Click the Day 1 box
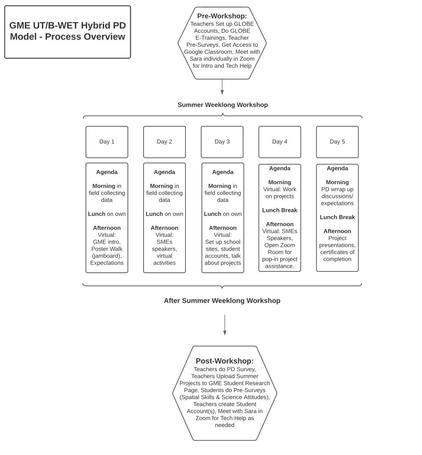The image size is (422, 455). [x=107, y=142]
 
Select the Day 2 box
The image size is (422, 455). [x=165, y=142]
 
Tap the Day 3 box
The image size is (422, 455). [x=222, y=142]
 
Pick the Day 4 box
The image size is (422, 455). [x=280, y=142]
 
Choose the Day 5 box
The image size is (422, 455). [x=337, y=142]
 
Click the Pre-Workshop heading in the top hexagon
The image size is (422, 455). [x=222, y=16]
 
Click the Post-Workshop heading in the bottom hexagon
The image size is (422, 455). [x=225, y=361]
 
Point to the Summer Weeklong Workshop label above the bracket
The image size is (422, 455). [x=223, y=105]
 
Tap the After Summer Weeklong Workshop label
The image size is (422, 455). [x=222, y=301]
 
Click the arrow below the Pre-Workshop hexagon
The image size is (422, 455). [x=222, y=87]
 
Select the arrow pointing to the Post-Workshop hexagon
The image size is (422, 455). [x=225, y=325]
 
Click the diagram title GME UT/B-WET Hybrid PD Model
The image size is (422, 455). [x=67, y=31]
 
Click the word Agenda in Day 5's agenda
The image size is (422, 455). [x=337, y=168]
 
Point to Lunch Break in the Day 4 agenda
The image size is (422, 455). [x=280, y=210]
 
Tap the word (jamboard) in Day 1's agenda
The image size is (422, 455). [x=107, y=256]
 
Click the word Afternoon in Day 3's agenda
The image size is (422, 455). [x=223, y=228]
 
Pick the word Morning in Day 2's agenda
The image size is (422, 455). [x=161, y=186]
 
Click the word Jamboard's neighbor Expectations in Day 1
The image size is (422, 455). [x=107, y=263]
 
